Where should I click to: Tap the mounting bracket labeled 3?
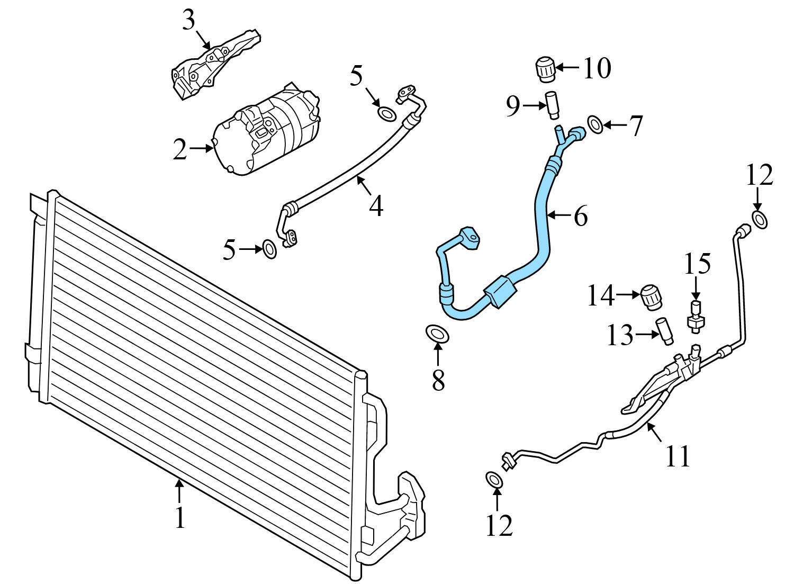pos(214,66)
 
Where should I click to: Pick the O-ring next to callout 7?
pos(595,125)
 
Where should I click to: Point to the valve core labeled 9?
pos(552,105)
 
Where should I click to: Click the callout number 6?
pos(580,216)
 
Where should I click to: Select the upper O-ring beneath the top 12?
pos(759,219)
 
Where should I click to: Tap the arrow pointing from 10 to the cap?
pos(568,68)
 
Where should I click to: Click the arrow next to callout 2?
pos(201,149)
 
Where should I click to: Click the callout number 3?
pos(189,21)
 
